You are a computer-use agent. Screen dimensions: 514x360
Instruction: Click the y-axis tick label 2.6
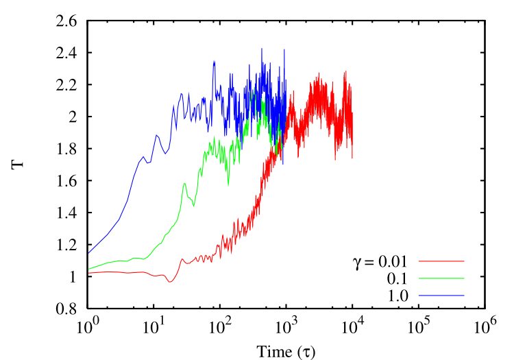pyautogui.click(x=66, y=21)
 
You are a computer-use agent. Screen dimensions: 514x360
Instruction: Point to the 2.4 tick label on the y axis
pyautogui.click(x=66, y=53)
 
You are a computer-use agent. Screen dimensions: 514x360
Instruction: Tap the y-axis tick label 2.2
pyautogui.click(x=66, y=85)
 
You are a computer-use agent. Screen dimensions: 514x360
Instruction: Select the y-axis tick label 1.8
pyautogui.click(x=66, y=149)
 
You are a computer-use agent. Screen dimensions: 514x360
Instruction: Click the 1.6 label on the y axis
pyautogui.click(x=66, y=181)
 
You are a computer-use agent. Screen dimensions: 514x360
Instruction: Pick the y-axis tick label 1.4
pyautogui.click(x=66, y=213)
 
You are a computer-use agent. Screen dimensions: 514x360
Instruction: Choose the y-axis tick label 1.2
pyautogui.click(x=66, y=245)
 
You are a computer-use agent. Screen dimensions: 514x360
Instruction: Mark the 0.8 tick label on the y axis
pyautogui.click(x=66, y=309)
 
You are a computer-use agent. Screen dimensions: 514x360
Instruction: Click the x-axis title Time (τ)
pyautogui.click(x=286, y=352)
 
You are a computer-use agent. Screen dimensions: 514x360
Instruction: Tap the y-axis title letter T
pyautogui.click(x=18, y=164)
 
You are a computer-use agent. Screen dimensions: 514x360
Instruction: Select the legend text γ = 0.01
pyautogui.click(x=380, y=262)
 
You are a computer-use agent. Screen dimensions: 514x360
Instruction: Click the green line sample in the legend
pyautogui.click(x=441, y=278)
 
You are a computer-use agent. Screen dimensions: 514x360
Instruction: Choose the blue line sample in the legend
pyautogui.click(x=441, y=296)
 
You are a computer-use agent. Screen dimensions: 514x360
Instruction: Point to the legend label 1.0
pyautogui.click(x=397, y=296)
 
